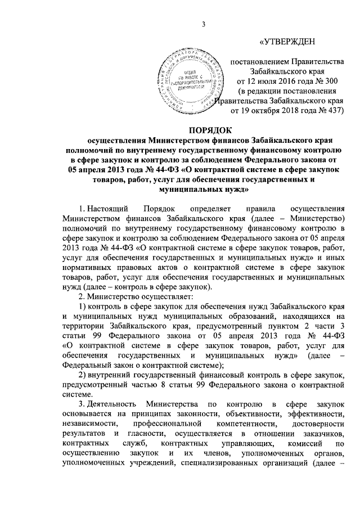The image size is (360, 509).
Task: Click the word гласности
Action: (147, 436)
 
